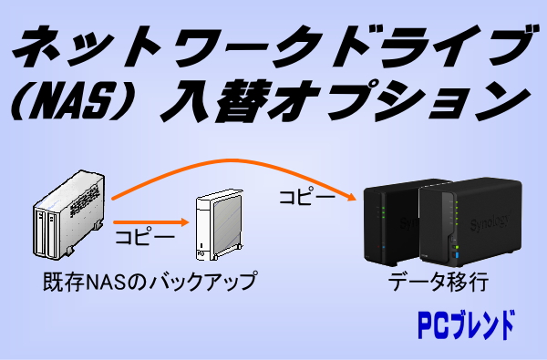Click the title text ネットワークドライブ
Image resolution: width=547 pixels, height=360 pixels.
pyautogui.click(x=273, y=46)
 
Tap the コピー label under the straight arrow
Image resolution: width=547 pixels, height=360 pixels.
pyautogui.click(x=146, y=239)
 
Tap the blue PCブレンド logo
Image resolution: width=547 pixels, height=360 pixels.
pyautogui.click(x=465, y=324)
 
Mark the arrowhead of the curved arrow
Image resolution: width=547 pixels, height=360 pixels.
pyautogui.click(x=349, y=196)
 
